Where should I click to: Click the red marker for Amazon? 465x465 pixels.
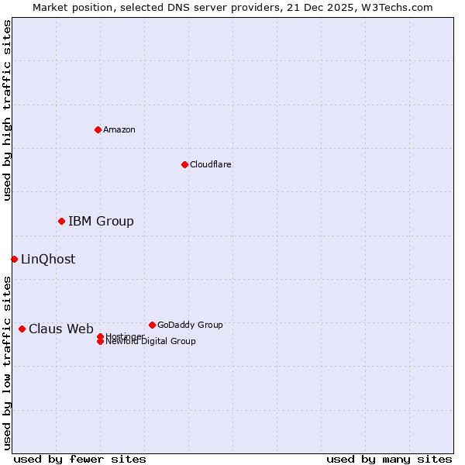(x=98, y=129)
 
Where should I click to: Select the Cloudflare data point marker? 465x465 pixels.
(x=184, y=164)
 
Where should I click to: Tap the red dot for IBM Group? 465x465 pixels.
(x=61, y=222)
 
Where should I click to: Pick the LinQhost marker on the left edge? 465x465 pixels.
(x=14, y=259)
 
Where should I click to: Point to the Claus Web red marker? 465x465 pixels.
(x=22, y=329)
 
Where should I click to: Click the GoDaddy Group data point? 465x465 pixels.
(x=152, y=325)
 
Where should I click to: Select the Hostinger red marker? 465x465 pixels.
(x=100, y=336)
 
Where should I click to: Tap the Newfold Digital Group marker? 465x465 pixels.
(x=100, y=342)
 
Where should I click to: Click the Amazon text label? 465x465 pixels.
(x=119, y=129)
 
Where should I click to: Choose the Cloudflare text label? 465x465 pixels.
(x=211, y=164)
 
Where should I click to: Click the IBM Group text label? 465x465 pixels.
(x=101, y=222)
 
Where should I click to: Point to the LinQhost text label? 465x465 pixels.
(x=48, y=259)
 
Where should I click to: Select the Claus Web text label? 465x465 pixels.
(x=61, y=329)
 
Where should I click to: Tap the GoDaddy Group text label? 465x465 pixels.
(x=190, y=325)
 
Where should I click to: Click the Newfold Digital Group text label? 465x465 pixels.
(x=150, y=342)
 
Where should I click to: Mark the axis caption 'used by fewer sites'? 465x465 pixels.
(x=80, y=459)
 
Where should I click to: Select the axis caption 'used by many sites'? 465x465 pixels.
(x=389, y=459)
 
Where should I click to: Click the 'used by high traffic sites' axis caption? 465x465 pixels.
(x=8, y=110)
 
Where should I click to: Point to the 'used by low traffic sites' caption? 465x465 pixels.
(x=8, y=363)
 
